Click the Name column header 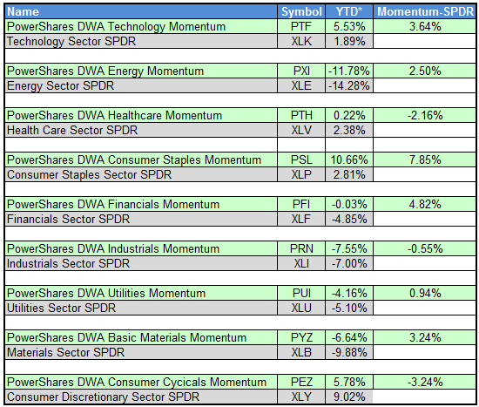point(23,12)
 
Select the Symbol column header point(301,12)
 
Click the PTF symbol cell point(301,27)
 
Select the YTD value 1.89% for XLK point(353,42)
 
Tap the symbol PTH point(301,115)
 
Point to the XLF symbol point(301,219)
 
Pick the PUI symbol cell point(301,293)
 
